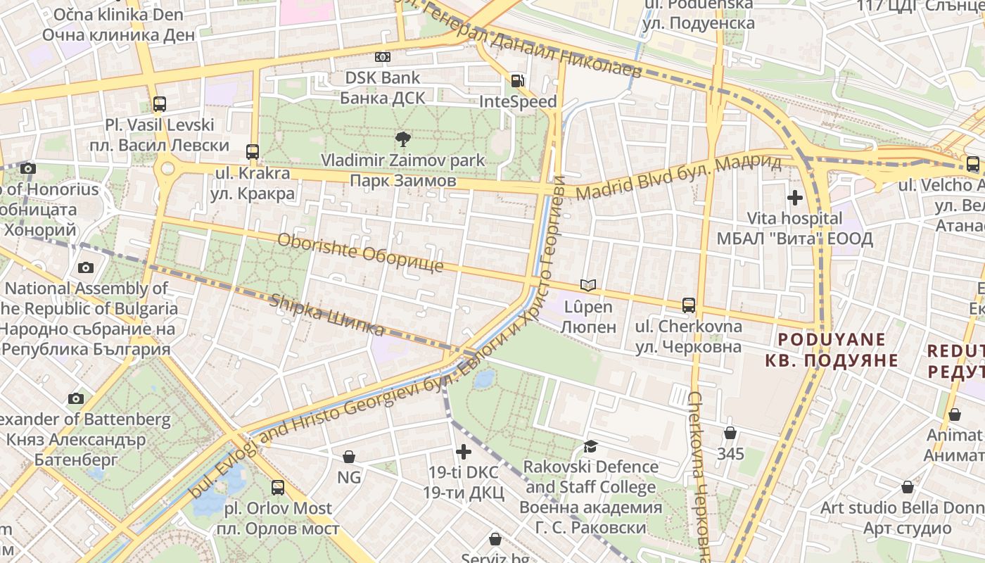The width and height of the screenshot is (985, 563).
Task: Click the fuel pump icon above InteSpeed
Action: [517, 81]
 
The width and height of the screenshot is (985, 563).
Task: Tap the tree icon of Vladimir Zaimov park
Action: [402, 139]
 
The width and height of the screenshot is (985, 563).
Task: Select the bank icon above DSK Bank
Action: [382, 57]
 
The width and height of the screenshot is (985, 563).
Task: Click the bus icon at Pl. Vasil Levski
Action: [160, 104]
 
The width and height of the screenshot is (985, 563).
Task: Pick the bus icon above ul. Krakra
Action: [253, 151]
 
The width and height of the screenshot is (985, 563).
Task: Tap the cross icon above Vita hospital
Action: [795, 198]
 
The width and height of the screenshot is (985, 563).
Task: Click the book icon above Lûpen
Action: [588, 285]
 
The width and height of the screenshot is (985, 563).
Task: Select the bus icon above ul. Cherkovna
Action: [689, 305]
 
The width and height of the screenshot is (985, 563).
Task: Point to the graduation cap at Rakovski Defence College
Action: [590, 446]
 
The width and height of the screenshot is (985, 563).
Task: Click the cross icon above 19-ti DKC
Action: [464, 452]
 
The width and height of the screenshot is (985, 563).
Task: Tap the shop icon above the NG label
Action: [348, 457]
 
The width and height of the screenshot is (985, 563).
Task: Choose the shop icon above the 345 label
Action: [730, 433]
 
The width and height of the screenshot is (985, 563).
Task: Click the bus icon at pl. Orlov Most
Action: [278, 487]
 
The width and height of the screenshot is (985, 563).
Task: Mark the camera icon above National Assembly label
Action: [86, 267]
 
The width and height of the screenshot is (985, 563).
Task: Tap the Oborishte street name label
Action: [360, 253]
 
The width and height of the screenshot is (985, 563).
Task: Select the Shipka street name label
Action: [327, 315]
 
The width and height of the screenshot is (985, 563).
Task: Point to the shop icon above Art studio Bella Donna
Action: [908, 487]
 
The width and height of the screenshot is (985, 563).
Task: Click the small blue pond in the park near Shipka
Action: [483, 379]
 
